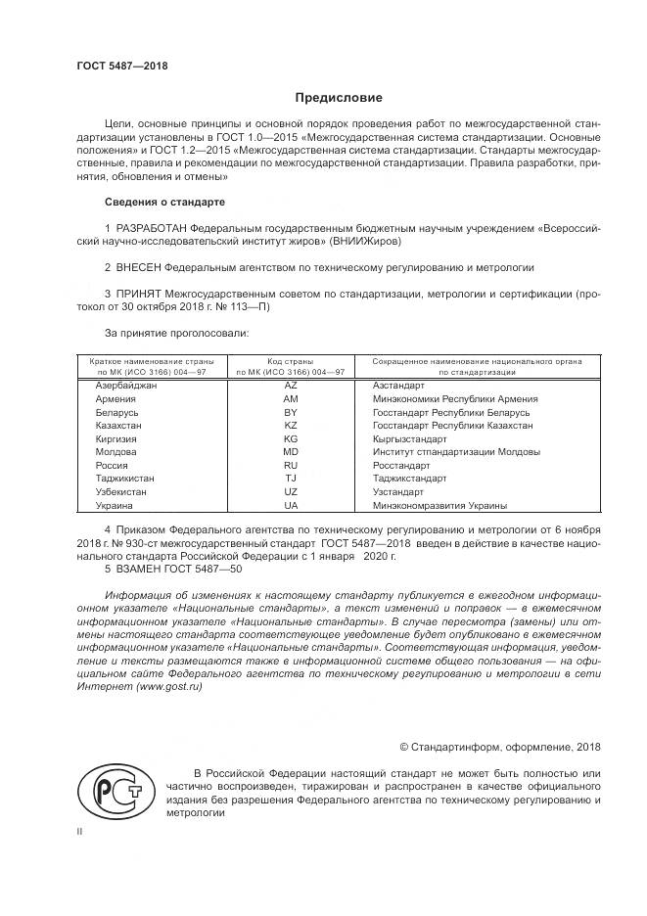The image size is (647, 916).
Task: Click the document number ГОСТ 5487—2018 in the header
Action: pos(121,65)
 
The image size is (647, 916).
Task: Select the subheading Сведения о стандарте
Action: pos(164,202)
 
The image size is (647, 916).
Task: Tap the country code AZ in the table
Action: pos(290,386)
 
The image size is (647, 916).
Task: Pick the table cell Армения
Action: pos(116,399)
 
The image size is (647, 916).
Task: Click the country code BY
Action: pos(290,413)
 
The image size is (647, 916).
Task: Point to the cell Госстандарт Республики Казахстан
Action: pos(453,426)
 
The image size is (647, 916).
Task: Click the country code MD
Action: pos(290,452)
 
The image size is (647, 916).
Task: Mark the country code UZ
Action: pos(290,492)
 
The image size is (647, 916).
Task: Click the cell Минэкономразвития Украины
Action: pos(440,505)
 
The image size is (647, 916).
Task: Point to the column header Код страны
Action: pos(290,362)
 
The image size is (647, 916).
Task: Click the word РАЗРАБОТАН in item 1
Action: pos(151,227)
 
